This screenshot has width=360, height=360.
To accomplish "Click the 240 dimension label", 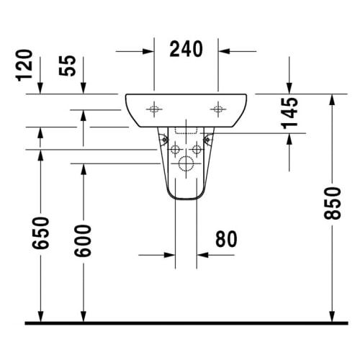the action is click(x=186, y=49).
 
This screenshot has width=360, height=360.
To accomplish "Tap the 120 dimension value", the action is click(x=24, y=66).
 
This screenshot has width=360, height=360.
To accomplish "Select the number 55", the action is click(x=68, y=66).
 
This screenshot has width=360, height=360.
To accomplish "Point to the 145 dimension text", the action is click(x=289, y=113).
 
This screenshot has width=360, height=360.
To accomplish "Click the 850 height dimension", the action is click(x=332, y=203).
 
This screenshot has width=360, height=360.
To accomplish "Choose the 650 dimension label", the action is click(x=40, y=233).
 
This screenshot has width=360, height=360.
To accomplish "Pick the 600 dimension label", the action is click(x=83, y=240).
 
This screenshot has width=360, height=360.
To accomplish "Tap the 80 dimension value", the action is click(x=226, y=239).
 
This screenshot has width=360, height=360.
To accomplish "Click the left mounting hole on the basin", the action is click(x=154, y=109).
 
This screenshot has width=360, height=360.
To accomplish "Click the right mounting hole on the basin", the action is click(x=218, y=109).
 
